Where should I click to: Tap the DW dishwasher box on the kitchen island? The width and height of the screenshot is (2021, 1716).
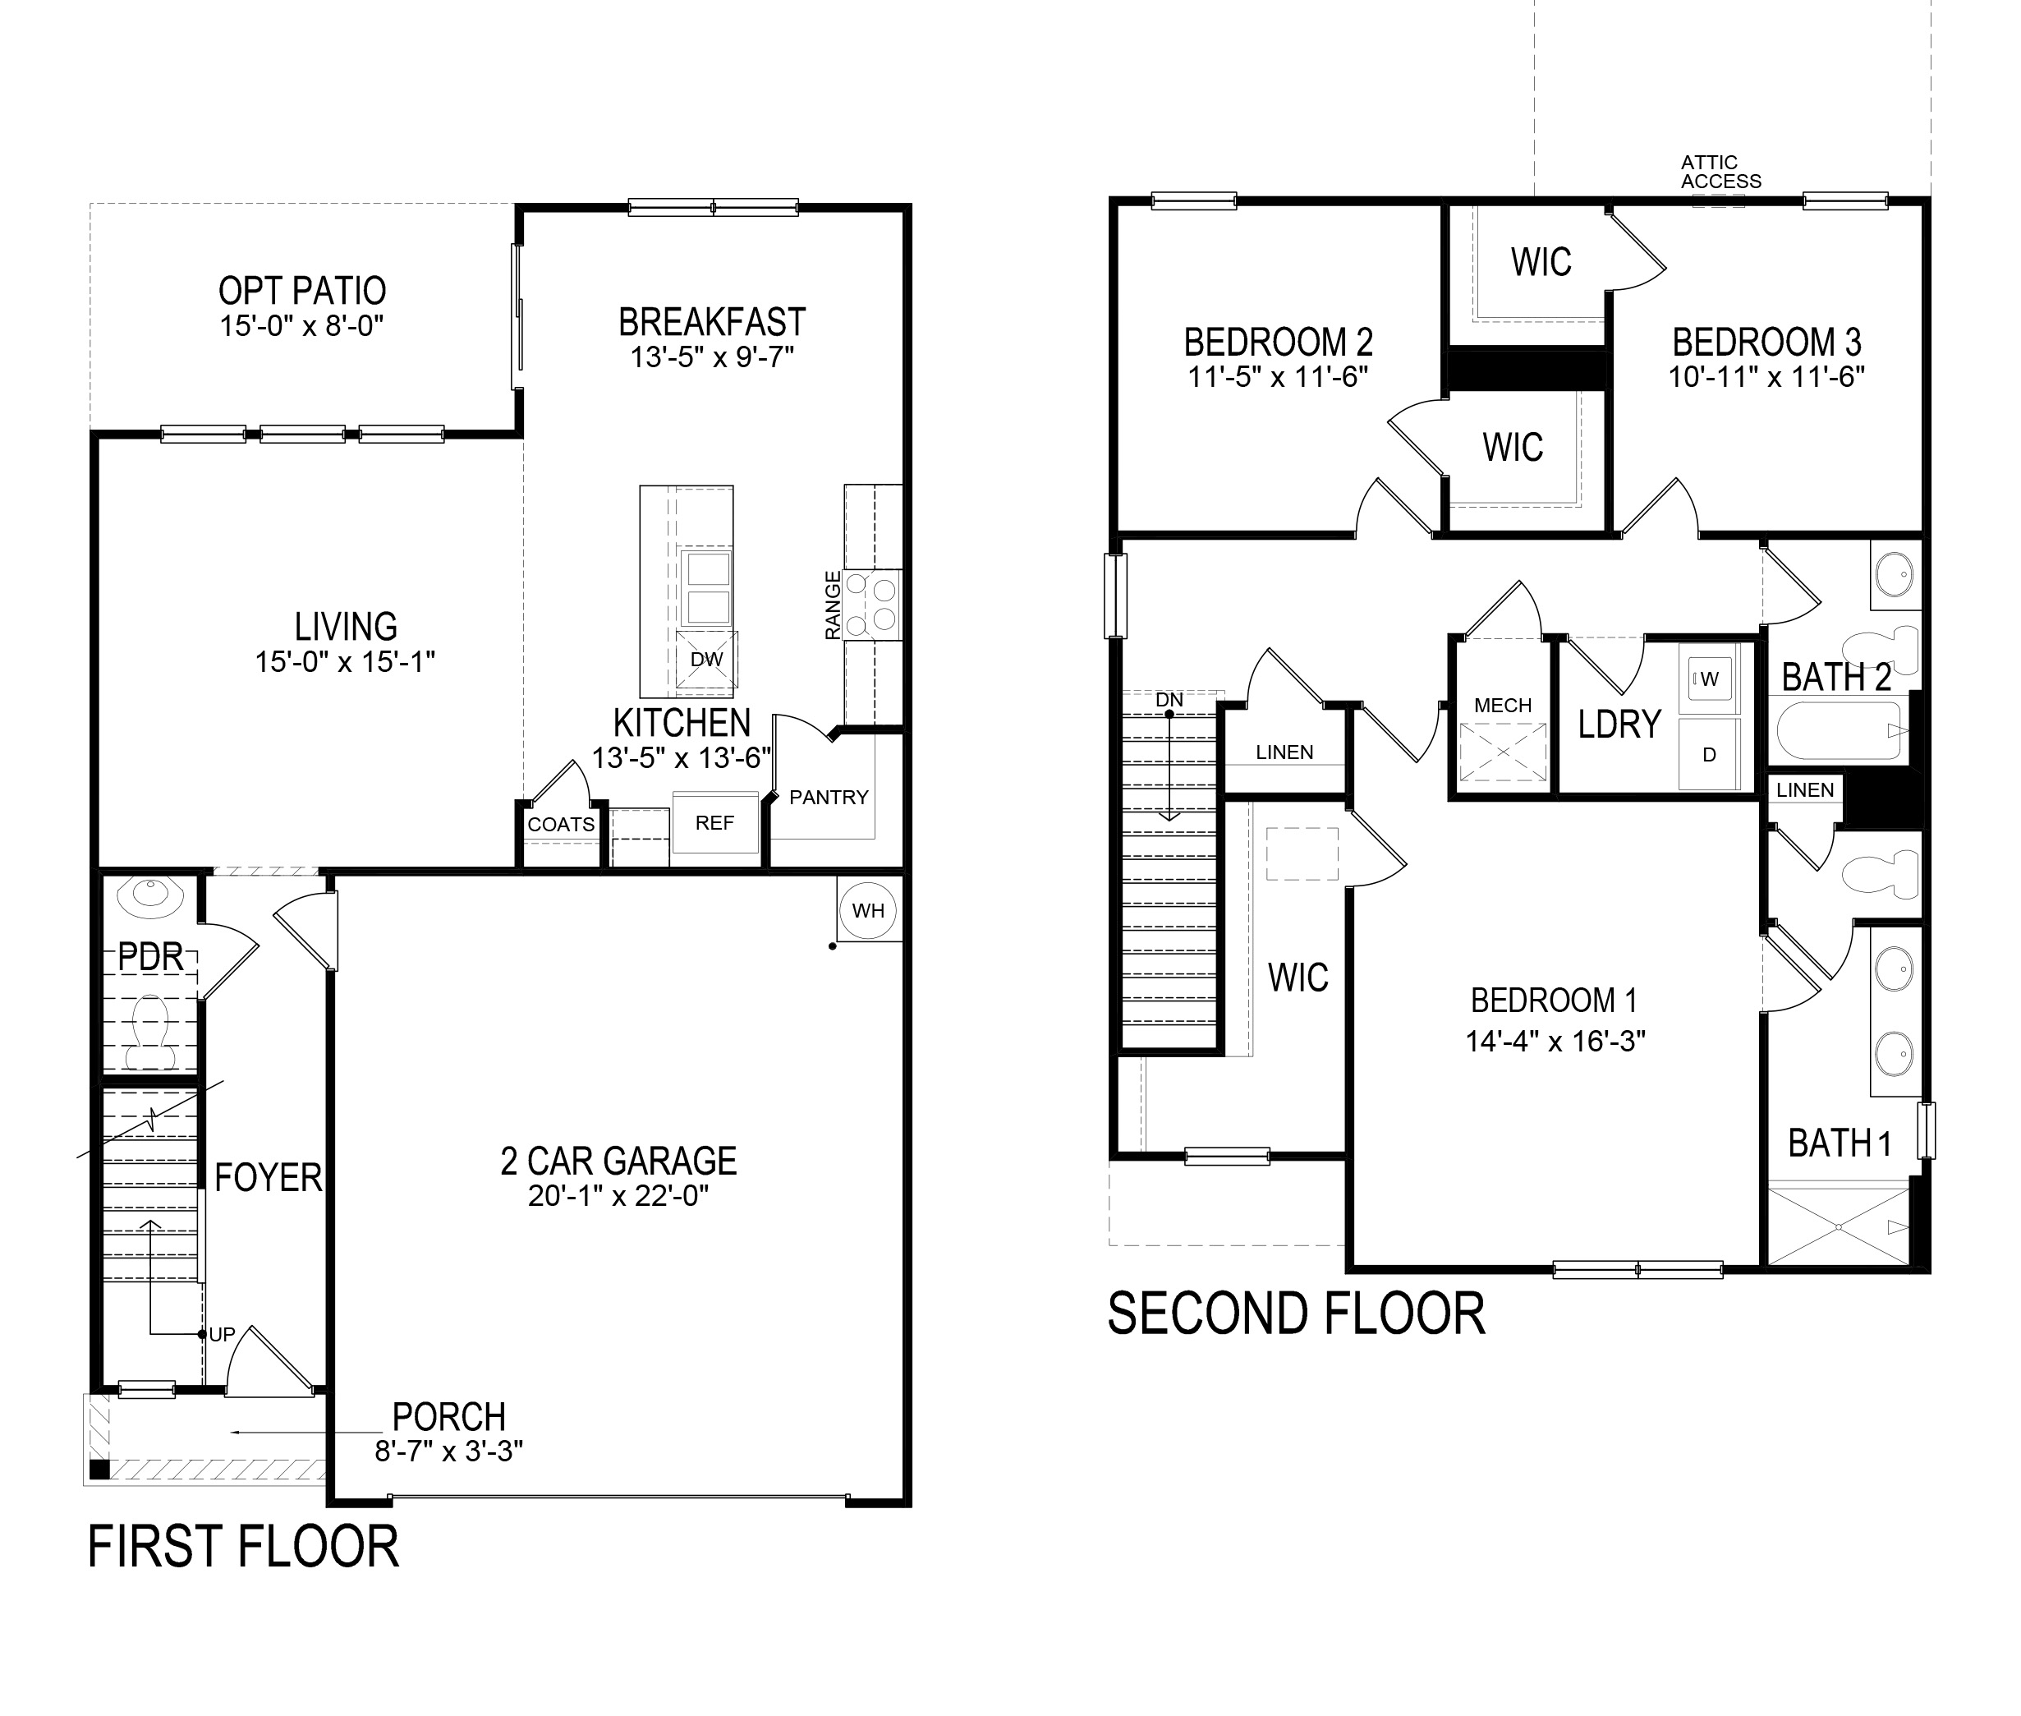(707, 660)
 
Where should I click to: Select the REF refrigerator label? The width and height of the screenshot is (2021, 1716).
(714, 823)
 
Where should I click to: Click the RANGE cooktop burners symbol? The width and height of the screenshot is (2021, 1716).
(871, 603)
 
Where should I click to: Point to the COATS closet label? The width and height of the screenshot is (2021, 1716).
(561, 825)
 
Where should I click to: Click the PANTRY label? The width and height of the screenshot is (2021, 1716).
(829, 798)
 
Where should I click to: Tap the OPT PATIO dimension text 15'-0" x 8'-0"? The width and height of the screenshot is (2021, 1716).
(301, 326)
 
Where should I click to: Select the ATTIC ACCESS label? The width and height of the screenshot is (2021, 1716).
(1720, 173)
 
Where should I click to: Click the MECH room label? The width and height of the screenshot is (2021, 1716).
(1503, 706)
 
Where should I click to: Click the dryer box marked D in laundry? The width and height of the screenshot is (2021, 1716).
(1709, 754)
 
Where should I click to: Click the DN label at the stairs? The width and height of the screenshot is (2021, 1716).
(1169, 699)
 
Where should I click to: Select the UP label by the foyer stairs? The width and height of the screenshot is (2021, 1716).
(222, 1335)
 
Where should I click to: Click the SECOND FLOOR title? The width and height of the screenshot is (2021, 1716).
(1296, 1314)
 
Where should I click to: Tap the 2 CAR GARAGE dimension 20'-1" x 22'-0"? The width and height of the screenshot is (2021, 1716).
(618, 1195)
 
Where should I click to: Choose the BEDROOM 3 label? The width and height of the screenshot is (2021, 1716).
(1766, 343)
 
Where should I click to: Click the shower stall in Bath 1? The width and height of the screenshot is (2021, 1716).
(1837, 1226)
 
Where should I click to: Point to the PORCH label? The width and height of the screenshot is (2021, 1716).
(448, 1416)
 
